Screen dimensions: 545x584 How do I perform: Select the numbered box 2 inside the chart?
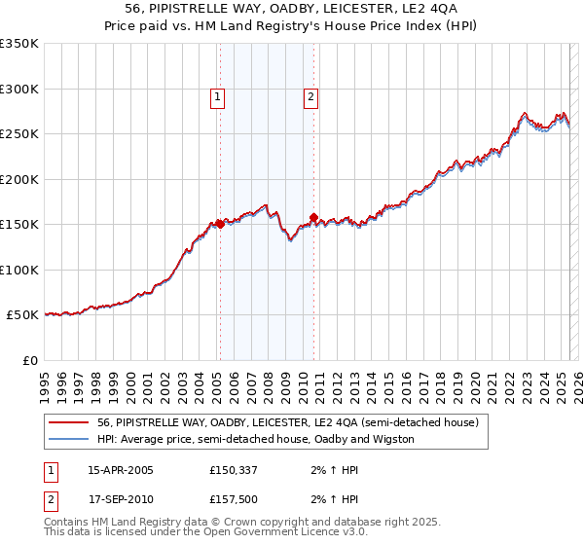click(x=310, y=96)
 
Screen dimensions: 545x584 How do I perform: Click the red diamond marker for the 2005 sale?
click(x=220, y=224)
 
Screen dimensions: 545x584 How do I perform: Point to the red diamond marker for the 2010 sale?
click(x=313, y=218)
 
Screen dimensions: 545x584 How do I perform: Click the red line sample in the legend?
click(x=68, y=423)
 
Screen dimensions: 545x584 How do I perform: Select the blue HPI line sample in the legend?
click(x=68, y=439)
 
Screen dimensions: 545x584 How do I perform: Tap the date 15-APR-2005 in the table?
click(x=121, y=471)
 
